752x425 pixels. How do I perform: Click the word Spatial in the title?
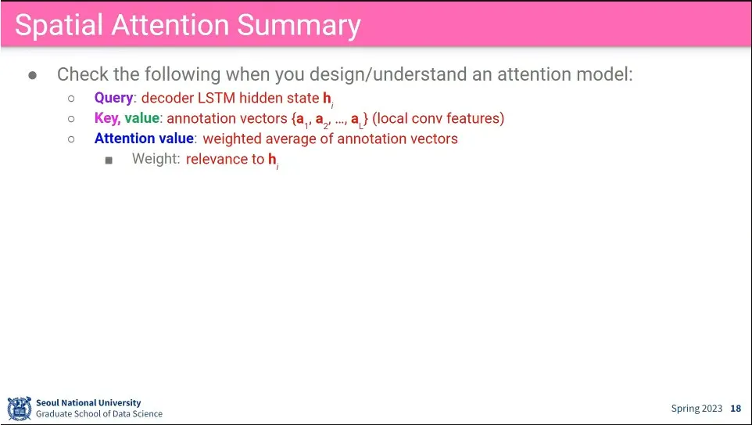(59, 25)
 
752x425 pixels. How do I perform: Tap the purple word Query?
(113, 98)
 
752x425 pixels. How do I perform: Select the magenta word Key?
(107, 119)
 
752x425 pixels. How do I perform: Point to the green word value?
(142, 118)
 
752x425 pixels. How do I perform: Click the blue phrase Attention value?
(144, 139)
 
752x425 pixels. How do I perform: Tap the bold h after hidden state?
(327, 98)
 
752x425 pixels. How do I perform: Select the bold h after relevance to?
(272, 159)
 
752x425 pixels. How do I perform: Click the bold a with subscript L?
(356, 119)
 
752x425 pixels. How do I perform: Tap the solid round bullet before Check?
(33, 75)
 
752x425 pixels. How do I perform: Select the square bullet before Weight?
(109, 160)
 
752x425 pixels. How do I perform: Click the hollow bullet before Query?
(71, 99)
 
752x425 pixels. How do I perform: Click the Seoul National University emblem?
(20, 409)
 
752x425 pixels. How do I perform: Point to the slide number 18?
(736, 409)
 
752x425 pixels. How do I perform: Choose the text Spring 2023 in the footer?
(696, 409)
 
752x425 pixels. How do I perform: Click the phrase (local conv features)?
(439, 119)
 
